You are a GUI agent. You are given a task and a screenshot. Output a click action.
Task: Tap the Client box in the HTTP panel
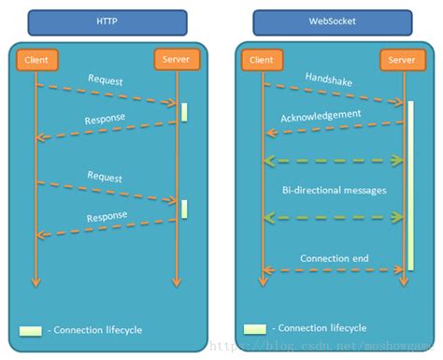coord(36,60)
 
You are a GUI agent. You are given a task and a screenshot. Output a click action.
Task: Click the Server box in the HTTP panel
coord(177,60)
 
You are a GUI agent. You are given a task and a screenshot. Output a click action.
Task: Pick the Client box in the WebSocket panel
coord(263,60)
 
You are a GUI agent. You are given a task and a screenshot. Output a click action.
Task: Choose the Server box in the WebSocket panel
coord(402,60)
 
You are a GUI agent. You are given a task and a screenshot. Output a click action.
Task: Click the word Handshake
coord(326,79)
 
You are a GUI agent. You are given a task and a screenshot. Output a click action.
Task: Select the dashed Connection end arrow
coord(333,269)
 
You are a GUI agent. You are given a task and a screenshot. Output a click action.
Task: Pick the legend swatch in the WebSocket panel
coord(254,329)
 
